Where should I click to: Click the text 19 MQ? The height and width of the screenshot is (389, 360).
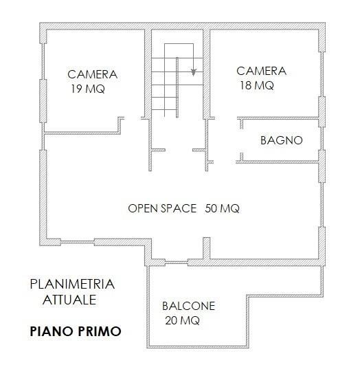point(88,89)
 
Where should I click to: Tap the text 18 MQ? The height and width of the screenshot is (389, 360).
point(257,85)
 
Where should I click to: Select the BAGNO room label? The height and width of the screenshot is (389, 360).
point(282,140)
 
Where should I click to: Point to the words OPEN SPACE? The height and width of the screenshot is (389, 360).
point(162,208)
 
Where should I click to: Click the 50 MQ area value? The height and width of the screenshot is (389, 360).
point(222,208)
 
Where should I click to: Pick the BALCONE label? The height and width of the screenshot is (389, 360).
point(188,306)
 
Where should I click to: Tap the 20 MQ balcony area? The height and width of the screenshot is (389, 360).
point(183,320)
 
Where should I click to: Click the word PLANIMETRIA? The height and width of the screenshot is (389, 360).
point(72,285)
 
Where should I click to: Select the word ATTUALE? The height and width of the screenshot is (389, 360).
point(69,300)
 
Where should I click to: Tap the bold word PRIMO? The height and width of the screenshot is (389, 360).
point(99,331)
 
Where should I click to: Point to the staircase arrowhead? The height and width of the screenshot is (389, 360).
point(193,72)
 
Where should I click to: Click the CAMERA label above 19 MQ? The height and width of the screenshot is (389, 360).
point(92,74)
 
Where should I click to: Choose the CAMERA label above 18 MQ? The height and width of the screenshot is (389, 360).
point(261,71)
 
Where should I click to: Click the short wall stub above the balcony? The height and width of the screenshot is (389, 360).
point(207,248)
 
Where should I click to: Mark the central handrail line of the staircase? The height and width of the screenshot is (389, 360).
point(177,87)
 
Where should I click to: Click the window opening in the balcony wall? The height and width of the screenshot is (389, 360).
point(177,262)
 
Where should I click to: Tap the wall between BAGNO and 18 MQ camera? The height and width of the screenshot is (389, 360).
point(278,118)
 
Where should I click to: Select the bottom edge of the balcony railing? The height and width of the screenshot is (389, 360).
point(198,346)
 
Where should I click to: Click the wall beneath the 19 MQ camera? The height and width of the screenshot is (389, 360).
point(82,133)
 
